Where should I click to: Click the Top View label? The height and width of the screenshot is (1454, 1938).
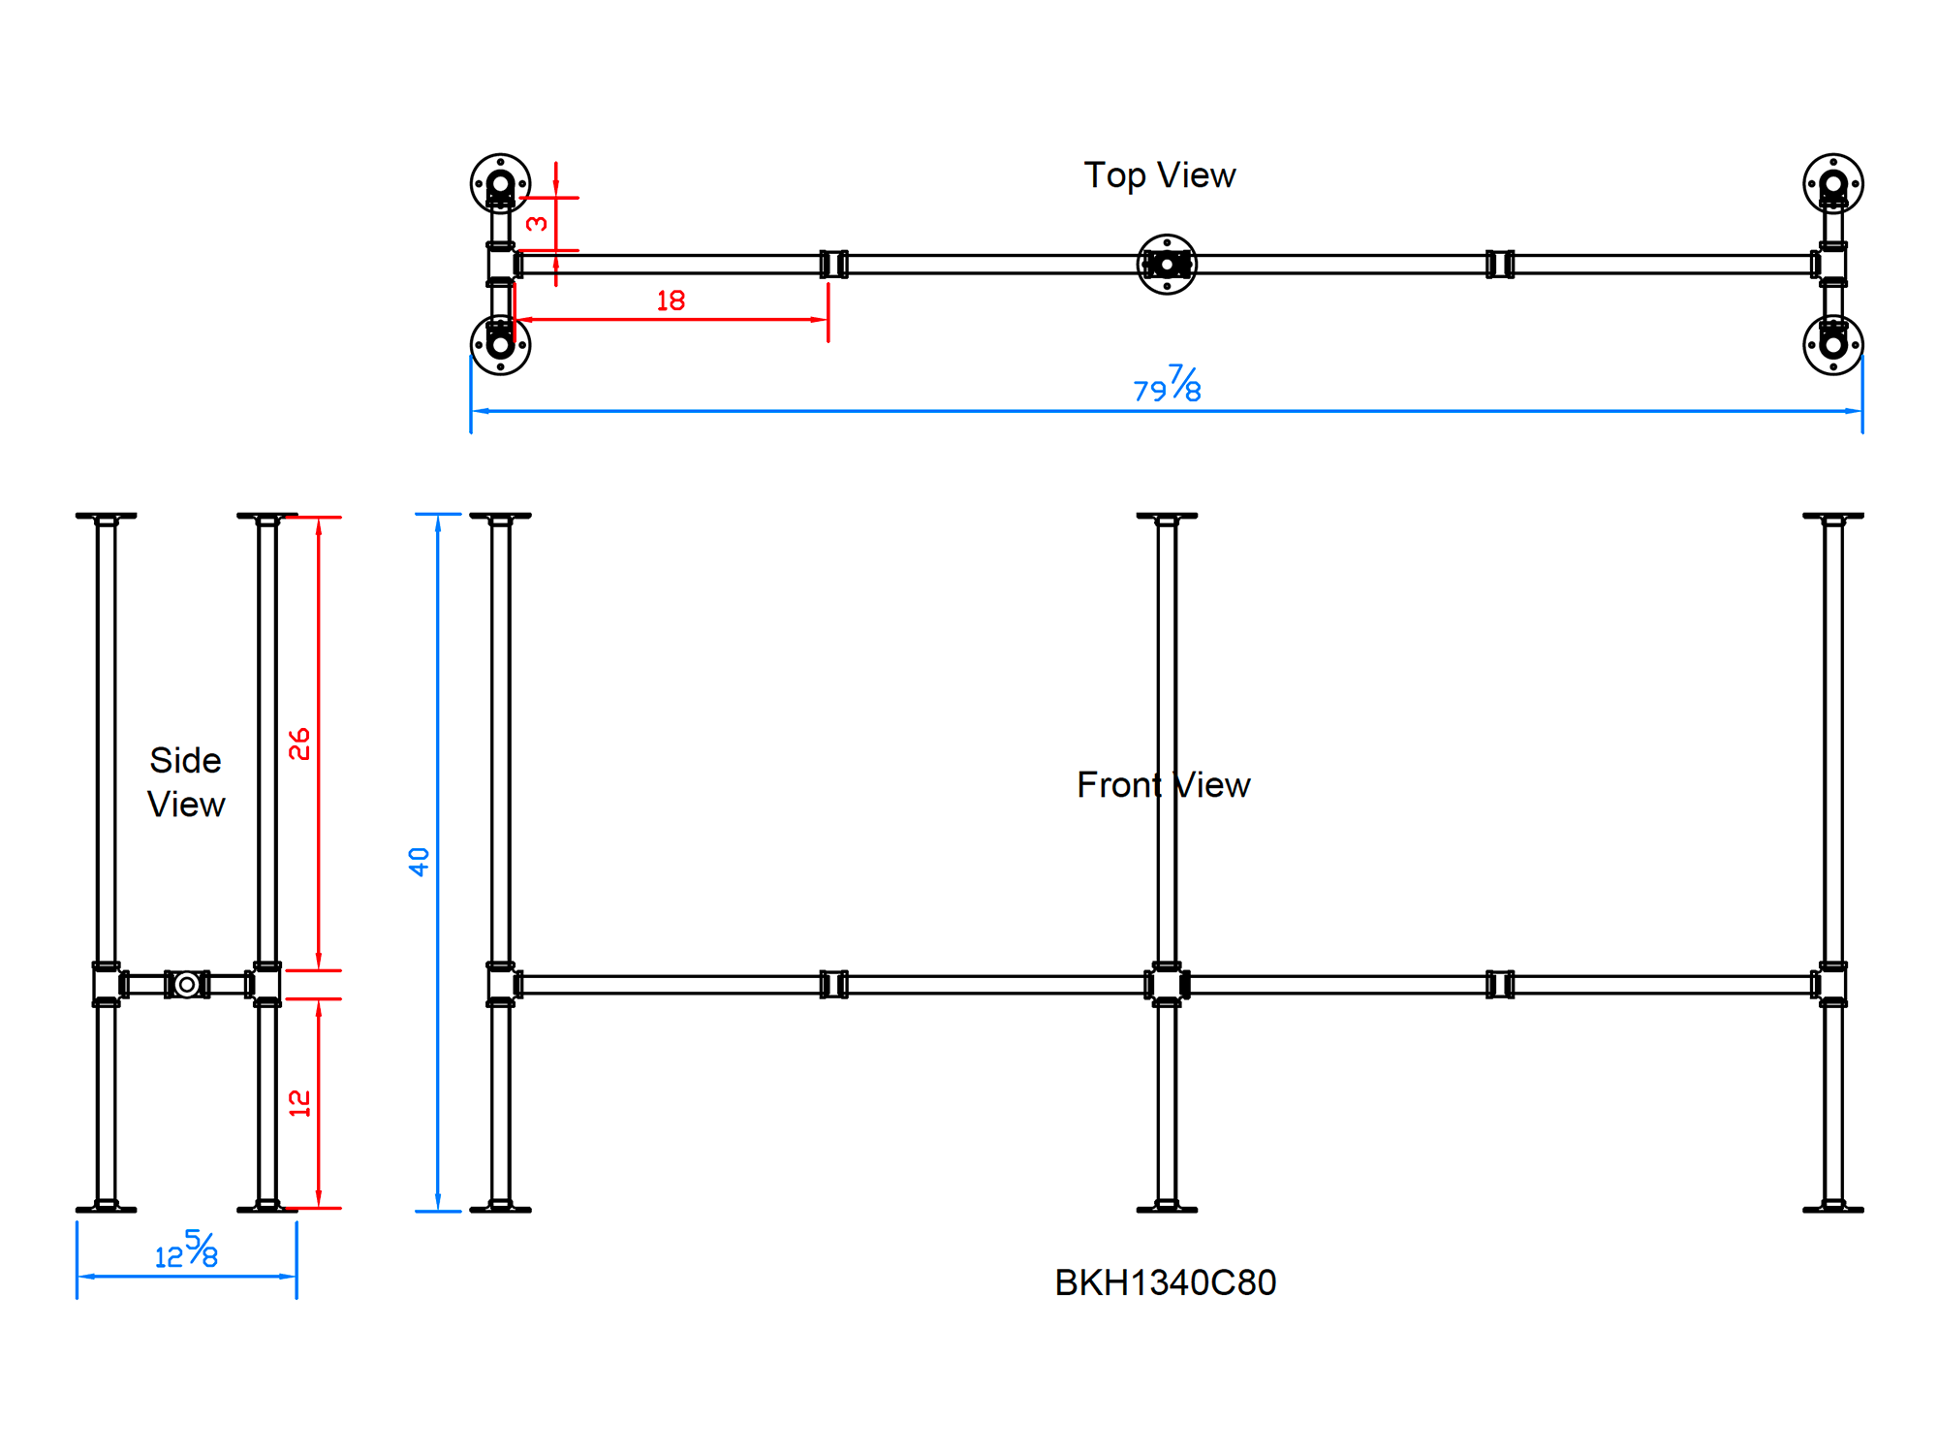coord(1159,175)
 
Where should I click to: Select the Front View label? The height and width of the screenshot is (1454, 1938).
coord(1163,784)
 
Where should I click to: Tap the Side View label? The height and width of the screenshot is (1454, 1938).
coord(185,782)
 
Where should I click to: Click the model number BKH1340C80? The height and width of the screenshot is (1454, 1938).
coord(1165,1282)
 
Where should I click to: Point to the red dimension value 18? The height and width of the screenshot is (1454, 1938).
coord(671,300)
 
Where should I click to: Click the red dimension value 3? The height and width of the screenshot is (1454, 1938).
coord(537,224)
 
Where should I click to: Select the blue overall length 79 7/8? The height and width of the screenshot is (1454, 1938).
coord(1168,385)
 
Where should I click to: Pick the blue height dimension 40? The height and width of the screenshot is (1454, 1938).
coord(419,862)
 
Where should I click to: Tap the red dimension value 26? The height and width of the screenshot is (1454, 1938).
coord(299,744)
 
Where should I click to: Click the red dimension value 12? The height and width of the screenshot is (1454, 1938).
coord(299,1103)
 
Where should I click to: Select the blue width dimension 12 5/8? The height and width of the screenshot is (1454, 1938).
coord(186,1250)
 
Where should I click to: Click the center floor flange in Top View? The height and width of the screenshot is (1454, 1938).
coord(1167,265)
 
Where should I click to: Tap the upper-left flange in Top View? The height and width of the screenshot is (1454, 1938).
coord(500,183)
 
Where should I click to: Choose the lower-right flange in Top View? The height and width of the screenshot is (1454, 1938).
coord(1832,344)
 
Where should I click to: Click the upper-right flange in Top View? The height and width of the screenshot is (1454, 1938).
coord(1832,183)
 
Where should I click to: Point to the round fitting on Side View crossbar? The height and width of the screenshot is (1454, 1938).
coord(187,985)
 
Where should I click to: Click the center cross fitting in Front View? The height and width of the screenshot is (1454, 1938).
coord(1167,985)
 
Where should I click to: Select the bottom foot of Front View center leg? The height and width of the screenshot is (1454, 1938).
coord(1167,1208)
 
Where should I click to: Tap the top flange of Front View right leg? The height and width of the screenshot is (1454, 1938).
coord(1832,517)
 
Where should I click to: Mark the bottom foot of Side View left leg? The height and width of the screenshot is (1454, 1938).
coord(106,1208)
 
